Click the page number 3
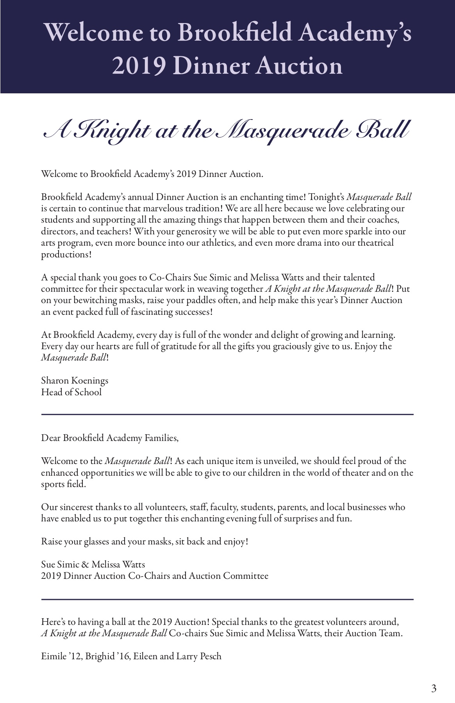click(x=434, y=689)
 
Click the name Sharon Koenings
click(x=75, y=380)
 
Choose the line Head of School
click(x=71, y=392)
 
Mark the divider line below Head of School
click(x=227, y=414)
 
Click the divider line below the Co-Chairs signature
click(x=227, y=599)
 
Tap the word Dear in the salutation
click(x=51, y=438)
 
